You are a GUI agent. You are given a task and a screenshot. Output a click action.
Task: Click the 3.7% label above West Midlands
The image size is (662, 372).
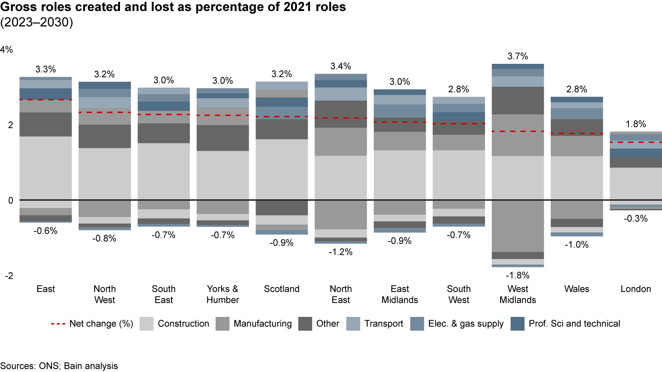click(x=518, y=56)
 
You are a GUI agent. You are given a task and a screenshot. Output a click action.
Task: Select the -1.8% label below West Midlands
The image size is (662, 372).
click(x=518, y=276)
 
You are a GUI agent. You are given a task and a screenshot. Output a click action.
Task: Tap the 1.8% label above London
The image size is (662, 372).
click(x=636, y=124)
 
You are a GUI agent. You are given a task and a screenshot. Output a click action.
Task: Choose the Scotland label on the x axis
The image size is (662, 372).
click(x=282, y=289)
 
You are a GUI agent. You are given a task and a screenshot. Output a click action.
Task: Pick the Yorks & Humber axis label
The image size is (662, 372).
click(x=223, y=294)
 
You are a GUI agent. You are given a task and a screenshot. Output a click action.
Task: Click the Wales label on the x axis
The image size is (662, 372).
click(x=577, y=289)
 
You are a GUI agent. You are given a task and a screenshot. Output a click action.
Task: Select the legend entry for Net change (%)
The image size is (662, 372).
click(x=92, y=324)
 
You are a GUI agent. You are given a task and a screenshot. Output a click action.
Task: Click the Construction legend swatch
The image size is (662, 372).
click(x=146, y=324)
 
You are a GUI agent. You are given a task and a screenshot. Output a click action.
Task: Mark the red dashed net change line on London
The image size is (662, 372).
click(x=636, y=142)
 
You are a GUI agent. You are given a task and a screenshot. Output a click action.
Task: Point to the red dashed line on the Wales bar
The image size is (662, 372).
click(x=577, y=134)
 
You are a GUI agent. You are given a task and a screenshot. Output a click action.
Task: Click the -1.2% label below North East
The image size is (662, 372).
click(x=341, y=252)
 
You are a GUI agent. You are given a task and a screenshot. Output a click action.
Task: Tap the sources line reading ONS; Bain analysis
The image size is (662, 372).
click(x=59, y=366)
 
